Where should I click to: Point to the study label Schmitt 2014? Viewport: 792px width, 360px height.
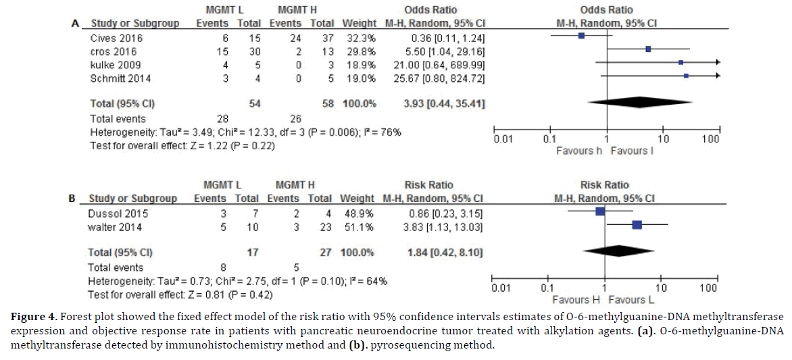click(x=121, y=78)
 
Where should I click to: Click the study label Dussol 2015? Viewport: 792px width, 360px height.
click(x=118, y=213)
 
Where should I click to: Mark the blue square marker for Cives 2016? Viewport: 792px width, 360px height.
click(x=581, y=36)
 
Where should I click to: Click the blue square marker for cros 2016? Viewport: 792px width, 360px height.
click(x=648, y=49)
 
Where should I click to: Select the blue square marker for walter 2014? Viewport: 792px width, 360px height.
click(x=637, y=224)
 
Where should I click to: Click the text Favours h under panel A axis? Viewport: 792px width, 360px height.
click(x=579, y=151)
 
